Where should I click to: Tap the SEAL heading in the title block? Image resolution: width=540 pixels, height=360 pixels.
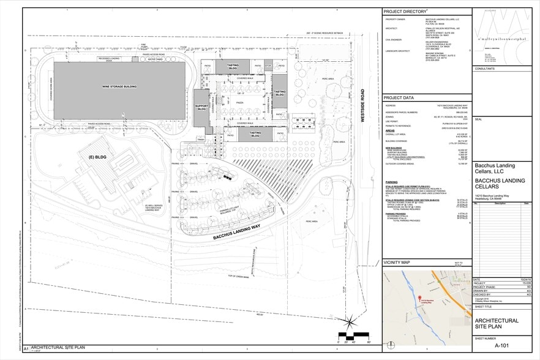[479, 119]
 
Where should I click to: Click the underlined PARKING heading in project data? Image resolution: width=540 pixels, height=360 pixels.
[392, 182]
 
